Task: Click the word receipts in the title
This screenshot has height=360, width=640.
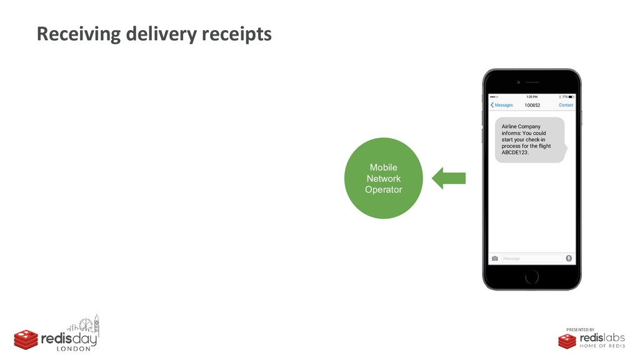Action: click(236, 34)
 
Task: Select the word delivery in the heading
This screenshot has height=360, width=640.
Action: click(161, 34)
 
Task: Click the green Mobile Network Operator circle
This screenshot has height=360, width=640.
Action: click(383, 178)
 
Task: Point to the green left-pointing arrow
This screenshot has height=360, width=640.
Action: click(449, 178)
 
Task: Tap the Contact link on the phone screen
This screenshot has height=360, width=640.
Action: click(566, 105)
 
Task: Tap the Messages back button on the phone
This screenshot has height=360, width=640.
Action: click(501, 105)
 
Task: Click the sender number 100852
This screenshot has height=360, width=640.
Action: click(532, 105)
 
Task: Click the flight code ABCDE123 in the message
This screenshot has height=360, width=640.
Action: click(515, 152)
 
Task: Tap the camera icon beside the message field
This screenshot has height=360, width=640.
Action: click(494, 258)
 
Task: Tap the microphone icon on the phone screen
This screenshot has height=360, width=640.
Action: click(569, 257)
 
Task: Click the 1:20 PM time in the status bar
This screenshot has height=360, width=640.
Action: click(531, 97)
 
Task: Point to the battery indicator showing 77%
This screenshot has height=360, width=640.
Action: click(567, 97)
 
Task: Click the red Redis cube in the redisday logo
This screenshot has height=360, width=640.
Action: click(26, 339)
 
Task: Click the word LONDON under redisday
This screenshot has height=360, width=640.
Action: click(74, 349)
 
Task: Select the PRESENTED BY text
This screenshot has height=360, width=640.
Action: click(581, 329)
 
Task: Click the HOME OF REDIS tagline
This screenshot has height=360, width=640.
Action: click(602, 346)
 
